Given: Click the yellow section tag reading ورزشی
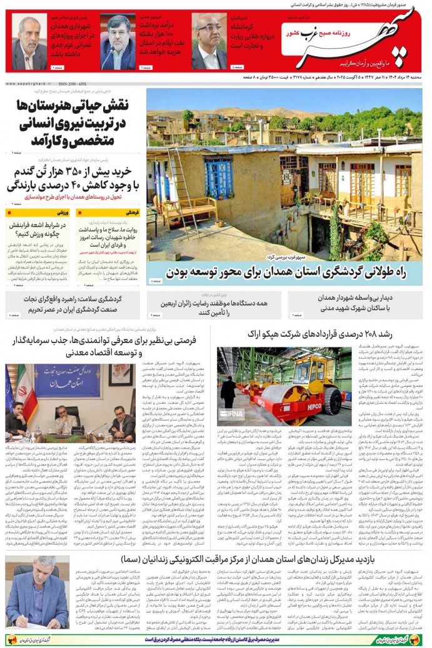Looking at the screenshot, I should pyautogui.click(x=62, y=212).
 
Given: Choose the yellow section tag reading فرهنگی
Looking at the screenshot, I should pyautogui.click(x=132, y=212).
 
